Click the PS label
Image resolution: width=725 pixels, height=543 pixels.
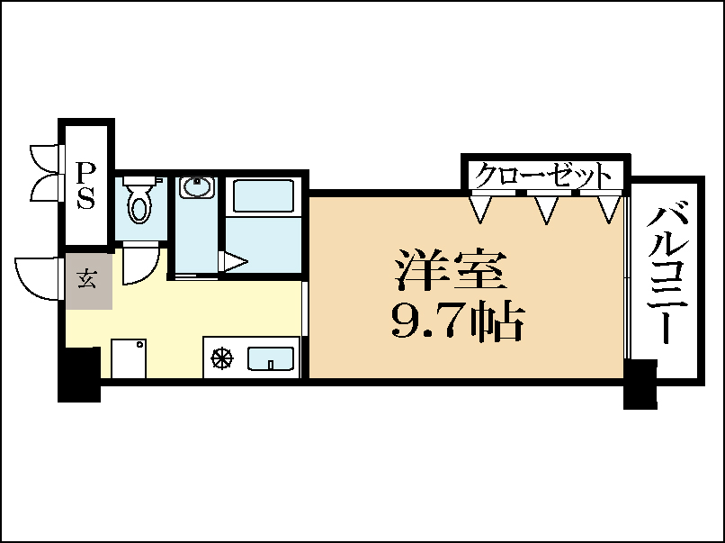tap(85, 185)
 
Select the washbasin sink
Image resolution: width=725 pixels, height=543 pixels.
tap(195, 187)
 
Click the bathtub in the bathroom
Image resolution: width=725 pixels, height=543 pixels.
tap(264, 196)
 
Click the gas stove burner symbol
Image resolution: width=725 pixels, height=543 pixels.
tap(221, 358)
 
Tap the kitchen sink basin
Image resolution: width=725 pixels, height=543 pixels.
tap(271, 358)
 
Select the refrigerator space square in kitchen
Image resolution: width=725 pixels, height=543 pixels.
tap(129, 358)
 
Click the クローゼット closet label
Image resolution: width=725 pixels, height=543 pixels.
tap(543, 175)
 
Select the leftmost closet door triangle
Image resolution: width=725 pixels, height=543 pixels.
tap(482, 209)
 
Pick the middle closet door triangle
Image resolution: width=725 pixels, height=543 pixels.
tap(546, 209)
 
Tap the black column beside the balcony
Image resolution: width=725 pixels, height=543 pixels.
tap(640, 385)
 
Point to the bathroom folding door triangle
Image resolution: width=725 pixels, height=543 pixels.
tap(233, 263)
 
